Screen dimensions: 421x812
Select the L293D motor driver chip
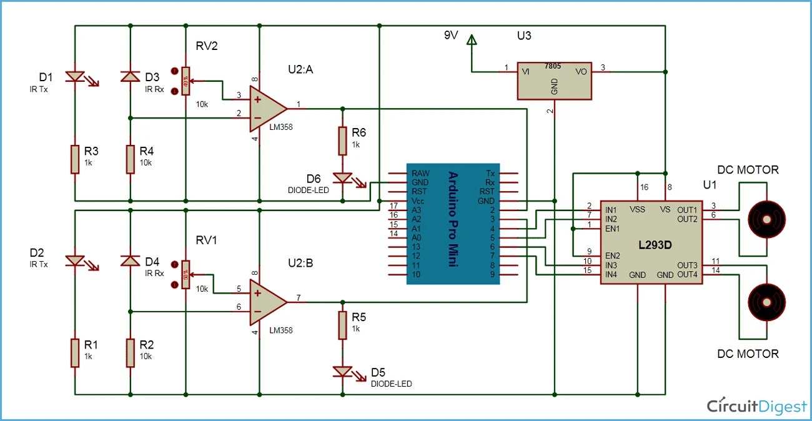tap(650, 243)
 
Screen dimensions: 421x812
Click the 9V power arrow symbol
tap(472, 41)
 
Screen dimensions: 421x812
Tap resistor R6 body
tap(342, 141)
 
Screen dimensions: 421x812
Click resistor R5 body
tap(342, 325)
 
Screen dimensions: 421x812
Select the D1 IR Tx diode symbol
tap(75, 77)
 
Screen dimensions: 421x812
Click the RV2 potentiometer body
tap(185, 81)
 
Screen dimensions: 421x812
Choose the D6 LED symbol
tap(342, 178)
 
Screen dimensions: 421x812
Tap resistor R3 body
tap(75, 159)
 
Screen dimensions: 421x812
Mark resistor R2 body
tap(130, 353)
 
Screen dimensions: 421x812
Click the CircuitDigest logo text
tap(757, 406)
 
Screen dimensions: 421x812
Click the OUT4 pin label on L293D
tap(686, 274)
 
